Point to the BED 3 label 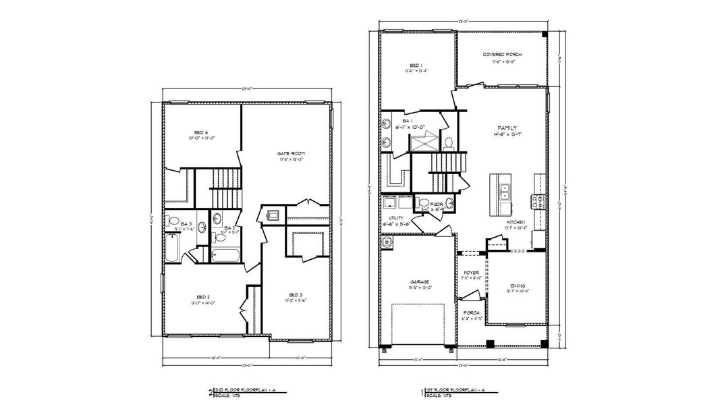296,295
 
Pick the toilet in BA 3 172,221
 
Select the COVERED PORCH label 503,55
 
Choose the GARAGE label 420,282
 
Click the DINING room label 518,286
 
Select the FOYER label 471,273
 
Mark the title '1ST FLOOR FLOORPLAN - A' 458,390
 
